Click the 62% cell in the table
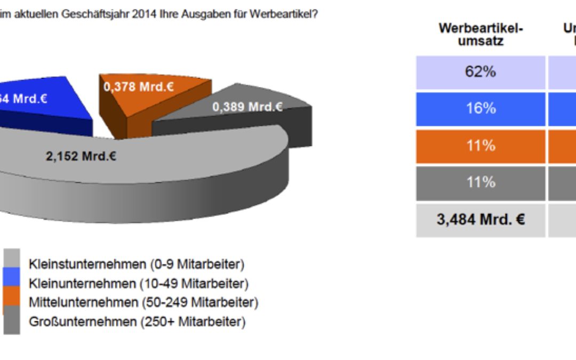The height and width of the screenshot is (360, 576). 480,72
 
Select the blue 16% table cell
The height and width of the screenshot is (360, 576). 480,109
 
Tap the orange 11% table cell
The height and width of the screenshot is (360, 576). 480,146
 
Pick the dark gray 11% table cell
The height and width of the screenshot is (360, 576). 480,182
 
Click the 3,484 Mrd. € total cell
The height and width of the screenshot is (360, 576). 480,220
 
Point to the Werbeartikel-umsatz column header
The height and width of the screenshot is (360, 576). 480,34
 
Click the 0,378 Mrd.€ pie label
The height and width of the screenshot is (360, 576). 138,86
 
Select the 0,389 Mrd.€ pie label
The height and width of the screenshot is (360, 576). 247,107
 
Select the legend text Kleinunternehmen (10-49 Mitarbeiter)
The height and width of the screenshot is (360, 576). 138,283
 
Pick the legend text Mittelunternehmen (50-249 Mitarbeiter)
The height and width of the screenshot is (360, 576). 143,302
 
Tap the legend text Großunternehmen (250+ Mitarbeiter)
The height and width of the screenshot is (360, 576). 137,322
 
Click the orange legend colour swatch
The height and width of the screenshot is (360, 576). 11,301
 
